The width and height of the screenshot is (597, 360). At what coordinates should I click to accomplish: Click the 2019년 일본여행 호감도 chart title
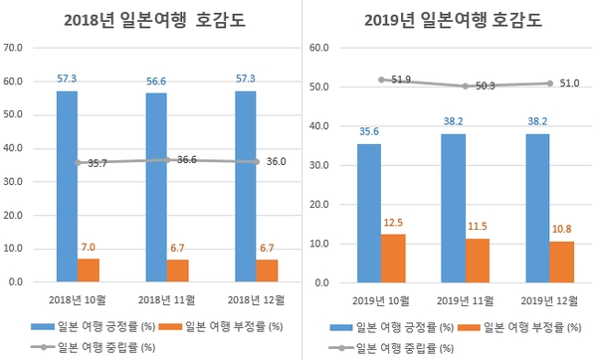[x=444, y=20]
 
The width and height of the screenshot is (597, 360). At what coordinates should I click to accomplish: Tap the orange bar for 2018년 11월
[x=178, y=270]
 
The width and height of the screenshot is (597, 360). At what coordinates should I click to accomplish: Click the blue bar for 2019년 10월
[x=367, y=213]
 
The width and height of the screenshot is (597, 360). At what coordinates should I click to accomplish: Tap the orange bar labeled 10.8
[x=562, y=262]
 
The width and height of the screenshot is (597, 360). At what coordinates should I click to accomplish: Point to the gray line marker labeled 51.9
[x=380, y=80]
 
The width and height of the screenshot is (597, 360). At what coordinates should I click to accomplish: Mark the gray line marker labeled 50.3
[x=465, y=87]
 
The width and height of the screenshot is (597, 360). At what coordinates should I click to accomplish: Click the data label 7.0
[x=90, y=247]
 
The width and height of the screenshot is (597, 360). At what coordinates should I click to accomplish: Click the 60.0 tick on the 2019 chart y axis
[x=317, y=47]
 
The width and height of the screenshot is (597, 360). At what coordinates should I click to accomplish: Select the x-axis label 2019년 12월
[x=549, y=298]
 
